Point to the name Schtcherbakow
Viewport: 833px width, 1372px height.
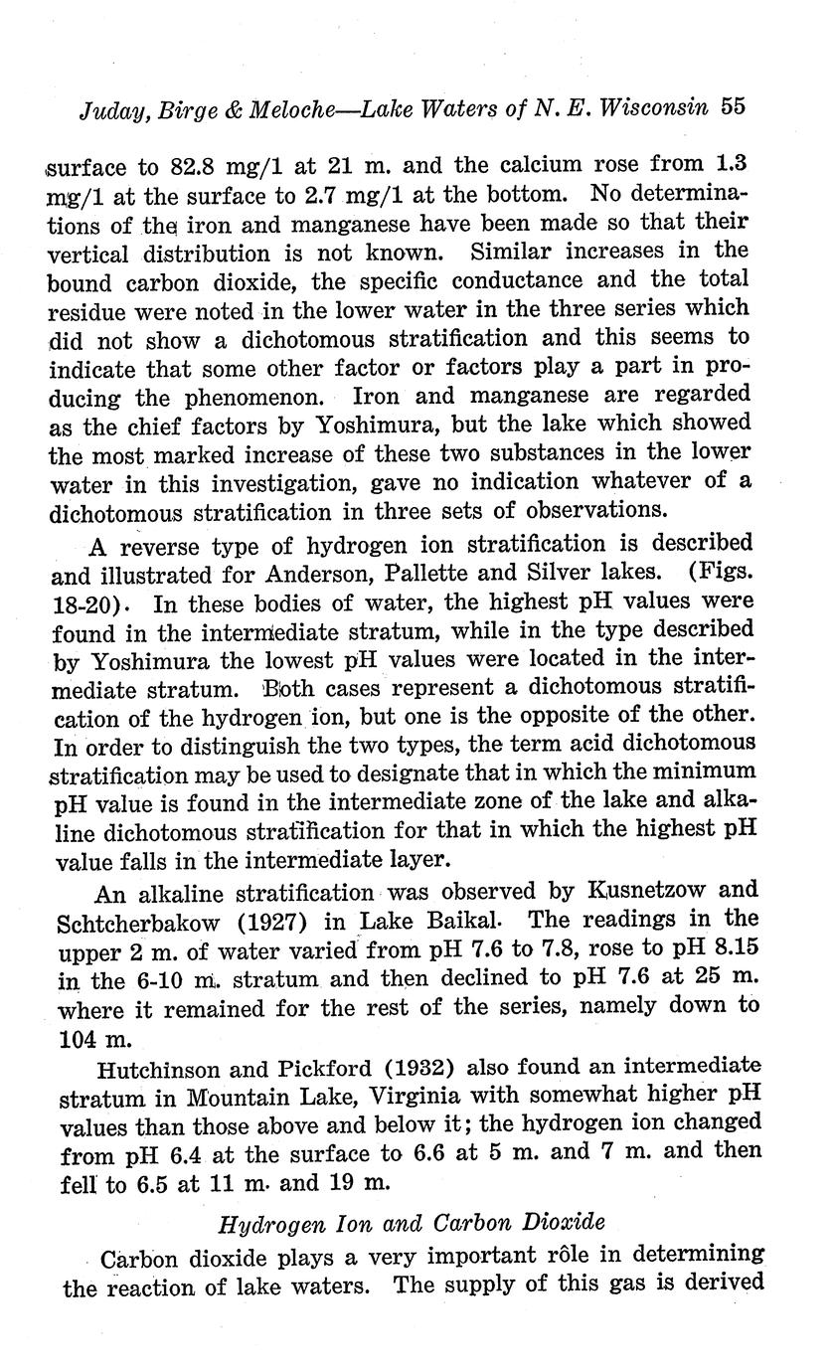tap(157, 920)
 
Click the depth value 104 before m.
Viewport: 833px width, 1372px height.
tap(70, 1036)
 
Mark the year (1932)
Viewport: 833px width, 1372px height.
tap(403, 1070)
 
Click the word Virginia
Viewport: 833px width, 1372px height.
tap(370, 1099)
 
